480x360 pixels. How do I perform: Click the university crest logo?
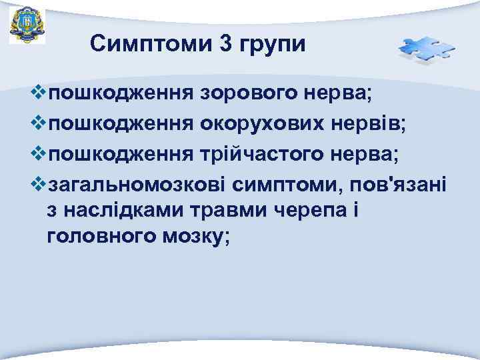click(27, 25)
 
